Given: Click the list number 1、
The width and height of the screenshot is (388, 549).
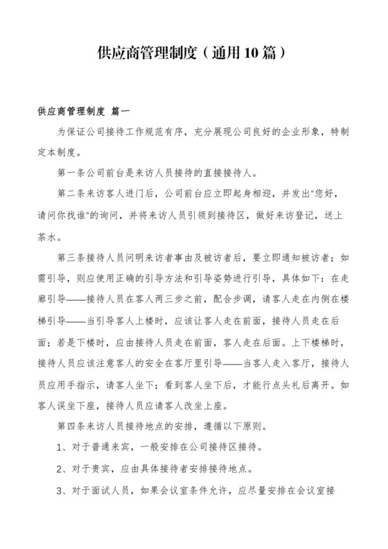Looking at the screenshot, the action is [x=61, y=447].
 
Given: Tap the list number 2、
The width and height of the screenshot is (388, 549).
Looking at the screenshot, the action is [x=61, y=469].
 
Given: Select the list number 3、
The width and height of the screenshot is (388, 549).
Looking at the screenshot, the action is [x=61, y=490].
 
